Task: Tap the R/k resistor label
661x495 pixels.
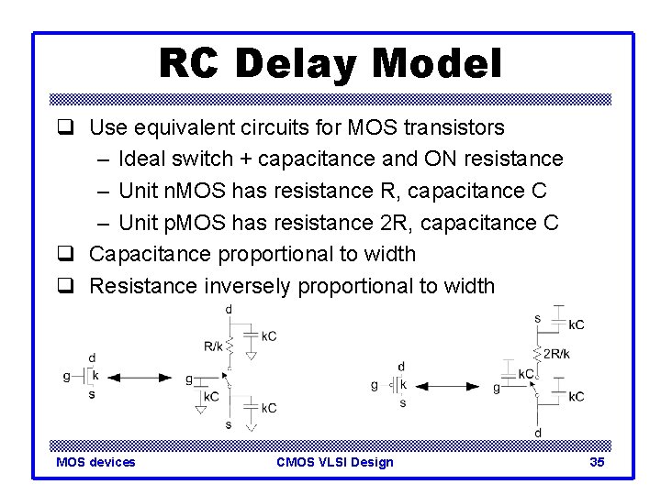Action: pyautogui.click(x=213, y=346)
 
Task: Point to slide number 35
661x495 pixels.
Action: pyautogui.click(x=597, y=462)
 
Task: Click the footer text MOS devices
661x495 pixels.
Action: pyautogui.click(x=95, y=462)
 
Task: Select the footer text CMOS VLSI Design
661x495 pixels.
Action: pyautogui.click(x=334, y=462)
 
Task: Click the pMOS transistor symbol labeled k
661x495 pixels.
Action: pyautogui.click(x=396, y=385)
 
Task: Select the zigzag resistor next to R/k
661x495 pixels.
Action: pyautogui.click(x=230, y=346)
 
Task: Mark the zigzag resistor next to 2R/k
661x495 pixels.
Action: pyautogui.click(x=538, y=354)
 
